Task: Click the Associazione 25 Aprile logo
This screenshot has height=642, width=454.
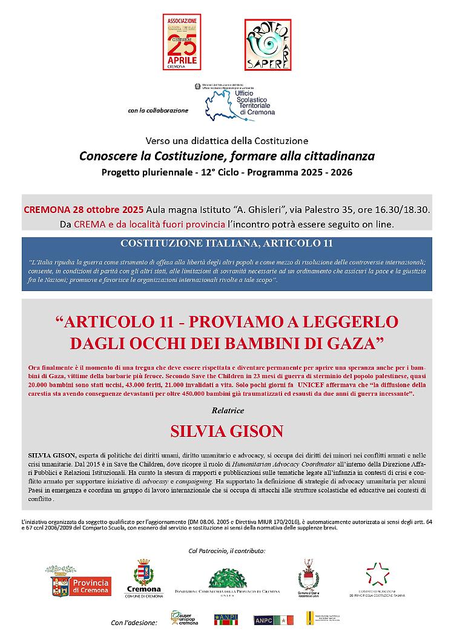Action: click(182, 44)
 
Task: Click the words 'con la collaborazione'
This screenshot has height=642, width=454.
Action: click(159, 111)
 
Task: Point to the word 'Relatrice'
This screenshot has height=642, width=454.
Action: click(227, 410)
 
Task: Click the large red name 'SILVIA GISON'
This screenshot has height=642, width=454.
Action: click(227, 431)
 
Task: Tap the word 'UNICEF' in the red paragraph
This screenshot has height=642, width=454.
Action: click(315, 385)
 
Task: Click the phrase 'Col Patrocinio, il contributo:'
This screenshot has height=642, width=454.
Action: click(227, 551)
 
